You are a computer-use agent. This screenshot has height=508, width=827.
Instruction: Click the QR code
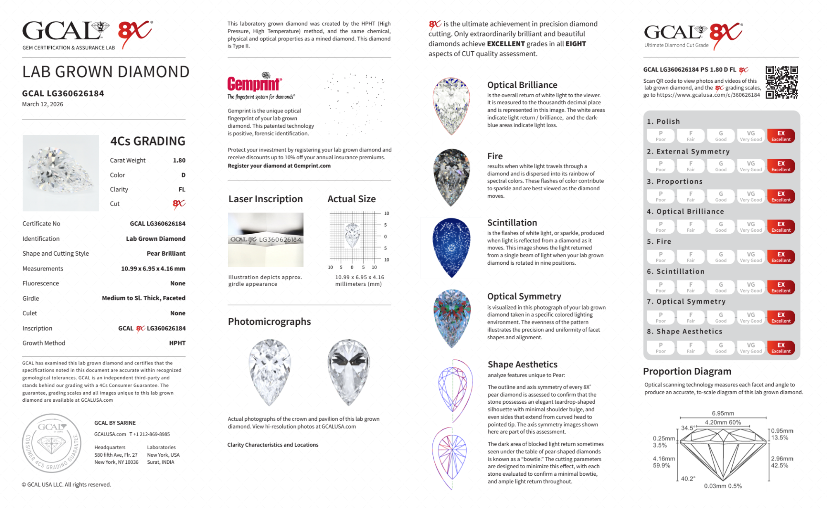(x=781, y=82)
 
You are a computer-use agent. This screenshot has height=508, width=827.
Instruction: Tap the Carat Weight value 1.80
(x=179, y=161)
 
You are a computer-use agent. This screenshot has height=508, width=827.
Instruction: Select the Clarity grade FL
(x=182, y=189)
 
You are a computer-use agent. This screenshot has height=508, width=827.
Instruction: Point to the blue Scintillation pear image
(x=451, y=247)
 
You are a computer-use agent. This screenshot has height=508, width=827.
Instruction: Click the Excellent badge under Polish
(x=781, y=136)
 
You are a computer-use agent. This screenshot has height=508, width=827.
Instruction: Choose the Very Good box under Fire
(x=751, y=257)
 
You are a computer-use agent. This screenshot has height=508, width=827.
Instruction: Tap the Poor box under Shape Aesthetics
(x=660, y=347)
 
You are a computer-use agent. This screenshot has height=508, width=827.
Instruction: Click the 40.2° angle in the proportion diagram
(x=688, y=479)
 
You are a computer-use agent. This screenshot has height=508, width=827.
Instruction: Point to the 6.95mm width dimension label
(x=723, y=413)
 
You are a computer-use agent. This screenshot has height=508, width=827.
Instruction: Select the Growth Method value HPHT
(x=177, y=343)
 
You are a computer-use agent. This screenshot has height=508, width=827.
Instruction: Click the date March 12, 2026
(x=43, y=104)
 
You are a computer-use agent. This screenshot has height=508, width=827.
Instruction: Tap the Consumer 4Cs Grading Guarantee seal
(x=52, y=443)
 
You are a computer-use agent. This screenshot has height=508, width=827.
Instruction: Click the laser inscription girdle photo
(x=265, y=240)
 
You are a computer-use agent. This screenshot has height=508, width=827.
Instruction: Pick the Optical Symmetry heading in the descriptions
(x=524, y=296)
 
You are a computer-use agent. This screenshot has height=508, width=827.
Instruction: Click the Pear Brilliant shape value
(x=166, y=254)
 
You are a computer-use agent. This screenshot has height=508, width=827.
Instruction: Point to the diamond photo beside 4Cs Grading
(x=61, y=173)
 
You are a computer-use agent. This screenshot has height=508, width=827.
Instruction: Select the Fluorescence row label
(x=41, y=283)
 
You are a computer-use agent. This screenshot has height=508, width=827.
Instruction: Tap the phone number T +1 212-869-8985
(x=149, y=434)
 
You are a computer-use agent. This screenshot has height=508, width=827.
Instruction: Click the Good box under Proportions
(x=720, y=196)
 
